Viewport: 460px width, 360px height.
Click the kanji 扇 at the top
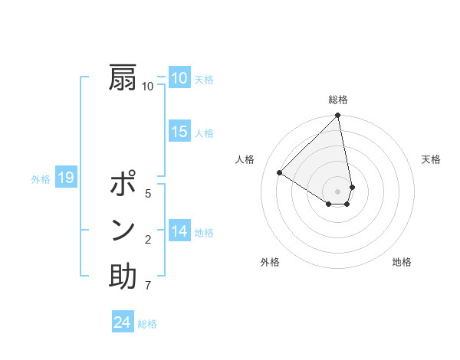tap(123, 77)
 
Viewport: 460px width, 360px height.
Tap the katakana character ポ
tap(123, 185)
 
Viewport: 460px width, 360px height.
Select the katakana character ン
tap(123, 231)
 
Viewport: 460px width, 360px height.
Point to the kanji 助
tap(123, 277)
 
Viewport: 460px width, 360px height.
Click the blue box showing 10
tap(179, 78)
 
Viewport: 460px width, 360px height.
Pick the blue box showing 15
tap(179, 132)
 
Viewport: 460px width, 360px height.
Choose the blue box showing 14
tap(179, 231)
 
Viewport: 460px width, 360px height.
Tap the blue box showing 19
tap(65, 178)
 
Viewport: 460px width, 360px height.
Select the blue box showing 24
tap(122, 322)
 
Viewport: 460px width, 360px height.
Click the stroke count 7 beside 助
tap(148, 286)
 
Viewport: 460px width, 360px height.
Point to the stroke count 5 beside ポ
tap(148, 193)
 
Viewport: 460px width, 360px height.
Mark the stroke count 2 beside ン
tap(148, 241)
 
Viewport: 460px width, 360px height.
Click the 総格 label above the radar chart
tap(338, 100)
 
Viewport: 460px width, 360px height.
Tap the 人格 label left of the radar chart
tap(245, 159)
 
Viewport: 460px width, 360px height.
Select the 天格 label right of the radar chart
tap(431, 159)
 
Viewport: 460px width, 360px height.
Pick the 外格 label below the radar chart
tap(269, 262)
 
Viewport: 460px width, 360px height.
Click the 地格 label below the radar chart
tap(402, 262)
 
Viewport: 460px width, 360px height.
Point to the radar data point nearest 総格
tap(337, 116)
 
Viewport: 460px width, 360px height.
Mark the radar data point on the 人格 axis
tap(280, 173)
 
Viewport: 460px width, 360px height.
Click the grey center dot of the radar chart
tap(337, 190)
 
